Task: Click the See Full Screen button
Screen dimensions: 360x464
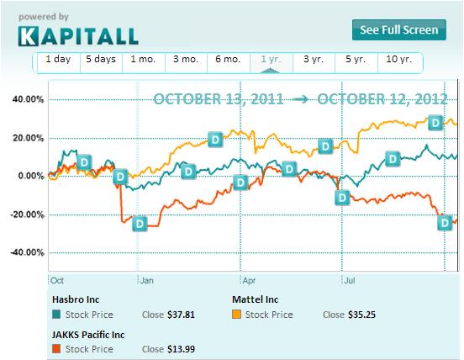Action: point(398,30)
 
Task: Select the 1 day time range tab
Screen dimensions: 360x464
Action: point(58,60)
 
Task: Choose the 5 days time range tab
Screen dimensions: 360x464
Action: point(101,60)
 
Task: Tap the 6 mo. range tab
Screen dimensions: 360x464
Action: point(229,60)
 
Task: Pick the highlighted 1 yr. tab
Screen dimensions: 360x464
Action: point(272,60)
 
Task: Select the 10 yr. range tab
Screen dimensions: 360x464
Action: point(398,60)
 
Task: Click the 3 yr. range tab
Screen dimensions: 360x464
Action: point(314,60)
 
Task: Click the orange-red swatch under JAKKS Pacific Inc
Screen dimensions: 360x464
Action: point(56,349)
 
